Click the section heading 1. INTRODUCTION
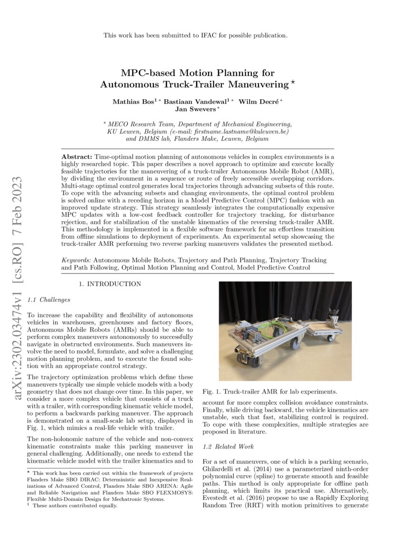tap(110, 284)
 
